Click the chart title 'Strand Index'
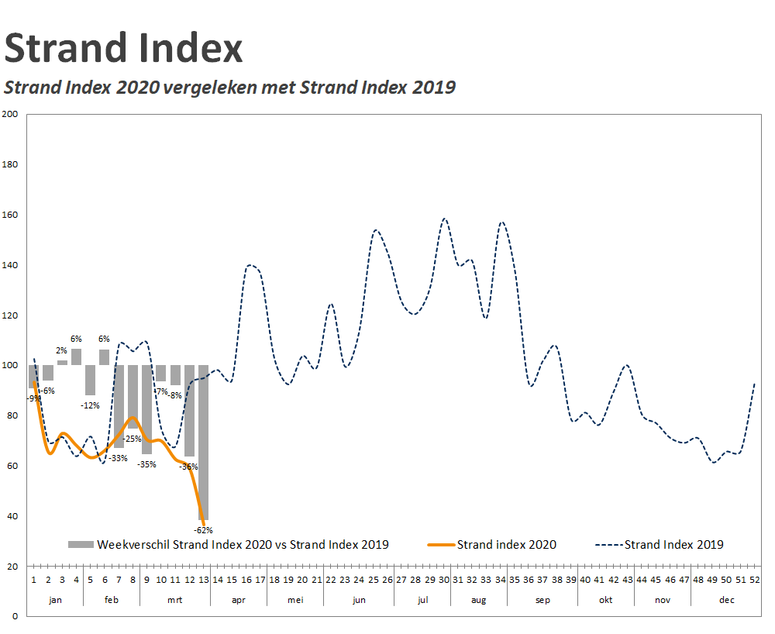123,48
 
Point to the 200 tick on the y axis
10,114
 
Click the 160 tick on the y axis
10,215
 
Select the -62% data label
203,530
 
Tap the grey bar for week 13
203,442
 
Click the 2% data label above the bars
61,351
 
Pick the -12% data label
91,405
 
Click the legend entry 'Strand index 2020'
506,545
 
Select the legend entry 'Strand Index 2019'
673,545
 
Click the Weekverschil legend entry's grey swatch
81,545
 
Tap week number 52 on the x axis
755,579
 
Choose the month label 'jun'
359,600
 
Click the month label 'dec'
726,600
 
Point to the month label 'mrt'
175,600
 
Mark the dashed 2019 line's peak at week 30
445,219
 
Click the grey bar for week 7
119,406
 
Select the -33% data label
119,458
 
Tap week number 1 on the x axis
34,579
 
